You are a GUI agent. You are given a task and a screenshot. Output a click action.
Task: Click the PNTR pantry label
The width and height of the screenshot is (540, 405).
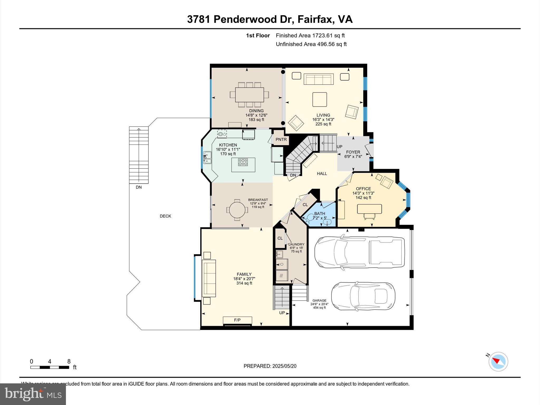pos(281,139)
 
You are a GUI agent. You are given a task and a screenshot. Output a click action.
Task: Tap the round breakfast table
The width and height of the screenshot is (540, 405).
pos(237,210)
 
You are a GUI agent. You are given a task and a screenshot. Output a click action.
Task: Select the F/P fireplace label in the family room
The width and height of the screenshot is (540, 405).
pos(237,320)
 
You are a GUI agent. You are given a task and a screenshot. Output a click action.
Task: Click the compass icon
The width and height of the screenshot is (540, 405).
pos(498,361)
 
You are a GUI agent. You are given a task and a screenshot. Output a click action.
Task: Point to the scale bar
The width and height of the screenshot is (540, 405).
pos(50,367)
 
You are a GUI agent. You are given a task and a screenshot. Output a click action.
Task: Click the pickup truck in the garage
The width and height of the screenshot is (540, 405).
pos(360,252)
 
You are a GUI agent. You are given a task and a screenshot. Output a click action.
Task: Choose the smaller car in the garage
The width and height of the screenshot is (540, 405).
pos(363,296)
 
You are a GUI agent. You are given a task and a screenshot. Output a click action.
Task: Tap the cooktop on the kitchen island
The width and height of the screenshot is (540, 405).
pos(243,162)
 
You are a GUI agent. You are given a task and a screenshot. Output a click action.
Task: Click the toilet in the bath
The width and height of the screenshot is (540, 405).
pos(308,218)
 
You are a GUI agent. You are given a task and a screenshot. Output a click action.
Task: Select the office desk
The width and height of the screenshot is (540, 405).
pos(369,209)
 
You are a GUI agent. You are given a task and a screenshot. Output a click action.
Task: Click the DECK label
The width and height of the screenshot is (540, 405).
pos(165,216)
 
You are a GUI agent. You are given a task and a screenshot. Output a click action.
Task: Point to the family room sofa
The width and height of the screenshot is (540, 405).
pos(209,278)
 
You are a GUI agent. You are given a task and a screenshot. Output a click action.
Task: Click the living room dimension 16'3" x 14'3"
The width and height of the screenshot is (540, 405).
pos(323,119)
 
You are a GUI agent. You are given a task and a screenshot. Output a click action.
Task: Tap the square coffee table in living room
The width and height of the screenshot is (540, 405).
pos(320,99)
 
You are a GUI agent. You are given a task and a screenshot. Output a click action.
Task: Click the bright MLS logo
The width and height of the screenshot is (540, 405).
pos(33,394)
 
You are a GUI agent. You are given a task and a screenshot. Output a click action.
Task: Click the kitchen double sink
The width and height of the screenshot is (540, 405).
pos(207,158)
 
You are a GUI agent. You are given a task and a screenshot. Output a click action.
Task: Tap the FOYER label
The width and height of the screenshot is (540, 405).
pos(353,152)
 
